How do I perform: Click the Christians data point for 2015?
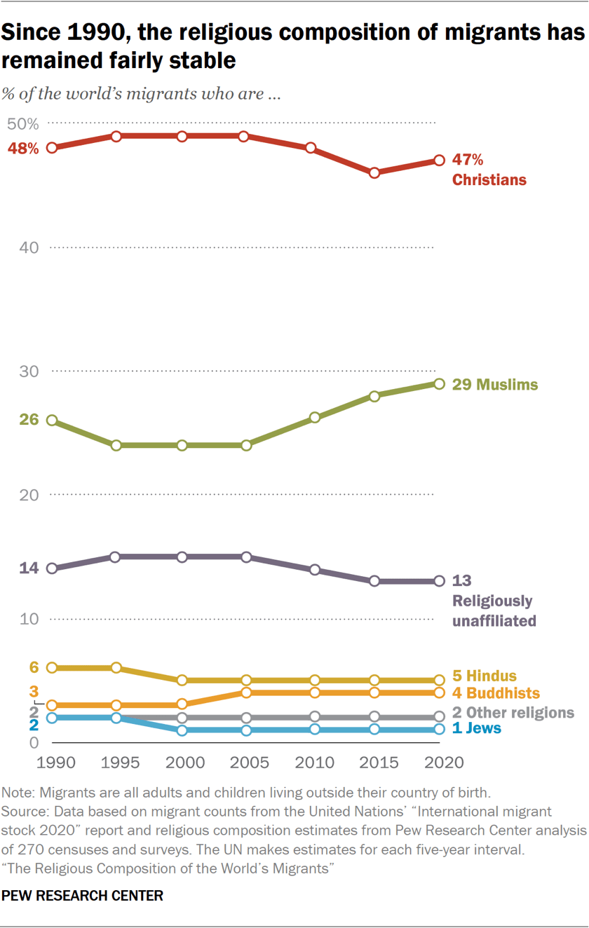[374, 172]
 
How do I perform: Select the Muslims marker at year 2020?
[439, 383]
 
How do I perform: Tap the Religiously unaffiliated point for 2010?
[315, 570]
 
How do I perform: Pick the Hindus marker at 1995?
[116, 668]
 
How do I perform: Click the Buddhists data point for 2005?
[245, 692]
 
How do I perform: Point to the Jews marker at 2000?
[182, 730]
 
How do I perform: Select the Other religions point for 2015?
[374, 716]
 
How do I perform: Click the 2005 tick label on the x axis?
[245, 762]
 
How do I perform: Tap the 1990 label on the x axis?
[52, 762]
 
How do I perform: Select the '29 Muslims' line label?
[495, 385]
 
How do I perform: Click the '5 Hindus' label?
[484, 676]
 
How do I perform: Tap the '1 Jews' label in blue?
[477, 728]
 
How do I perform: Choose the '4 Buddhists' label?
[496, 693]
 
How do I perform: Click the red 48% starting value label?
[23, 149]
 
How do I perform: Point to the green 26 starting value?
[29, 420]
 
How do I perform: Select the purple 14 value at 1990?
[29, 568]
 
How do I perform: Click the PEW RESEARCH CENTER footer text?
[83, 896]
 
